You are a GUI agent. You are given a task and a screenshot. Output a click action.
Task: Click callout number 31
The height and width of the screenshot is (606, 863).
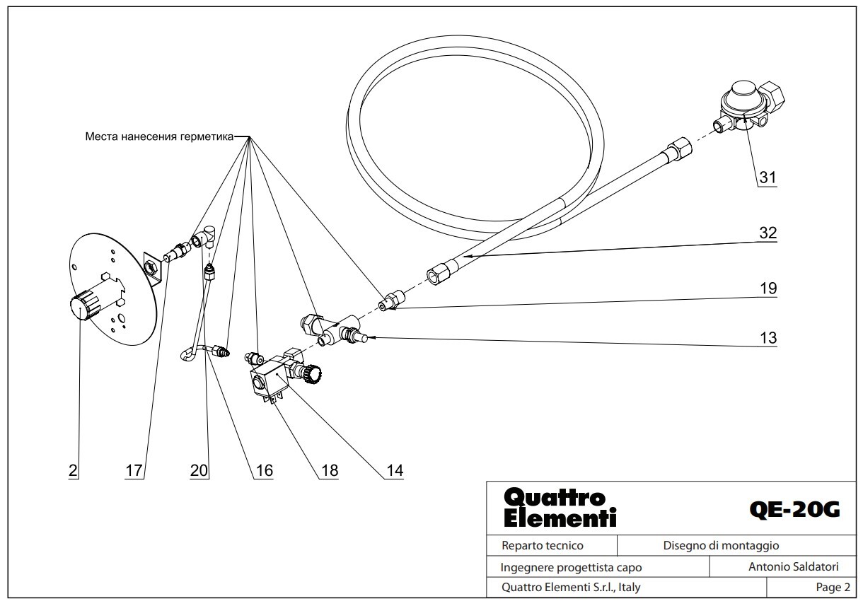pyautogui.click(x=768, y=177)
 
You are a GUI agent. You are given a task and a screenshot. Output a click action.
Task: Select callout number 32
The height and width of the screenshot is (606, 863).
pyautogui.click(x=768, y=233)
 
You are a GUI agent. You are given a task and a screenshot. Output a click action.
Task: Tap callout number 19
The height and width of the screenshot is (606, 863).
pyautogui.click(x=768, y=289)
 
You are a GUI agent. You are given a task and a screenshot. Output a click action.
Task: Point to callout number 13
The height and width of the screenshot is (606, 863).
pyautogui.click(x=768, y=338)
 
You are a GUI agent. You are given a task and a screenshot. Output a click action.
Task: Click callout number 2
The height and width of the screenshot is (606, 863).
pyautogui.click(x=73, y=470)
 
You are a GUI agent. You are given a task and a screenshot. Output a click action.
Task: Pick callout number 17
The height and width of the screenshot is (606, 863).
pyautogui.click(x=134, y=470)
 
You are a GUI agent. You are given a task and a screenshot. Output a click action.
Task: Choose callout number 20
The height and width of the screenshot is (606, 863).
pyautogui.click(x=199, y=470)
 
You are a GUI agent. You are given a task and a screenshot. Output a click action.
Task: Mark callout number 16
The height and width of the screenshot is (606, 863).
pyautogui.click(x=265, y=470)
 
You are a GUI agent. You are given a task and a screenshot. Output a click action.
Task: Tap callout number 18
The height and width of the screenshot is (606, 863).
pyautogui.click(x=330, y=470)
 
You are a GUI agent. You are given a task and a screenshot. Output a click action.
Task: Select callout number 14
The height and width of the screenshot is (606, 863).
pyautogui.click(x=395, y=470)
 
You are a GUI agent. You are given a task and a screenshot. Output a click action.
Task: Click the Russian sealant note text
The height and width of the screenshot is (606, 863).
pyautogui.click(x=159, y=136)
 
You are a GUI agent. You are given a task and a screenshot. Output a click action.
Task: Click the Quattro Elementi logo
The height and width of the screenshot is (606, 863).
pyautogui.click(x=560, y=508)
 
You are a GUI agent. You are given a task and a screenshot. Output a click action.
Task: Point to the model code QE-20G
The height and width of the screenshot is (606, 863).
pyautogui.click(x=794, y=510)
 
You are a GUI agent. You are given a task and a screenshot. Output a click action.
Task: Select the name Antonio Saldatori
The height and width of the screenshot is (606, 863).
pyautogui.click(x=794, y=566)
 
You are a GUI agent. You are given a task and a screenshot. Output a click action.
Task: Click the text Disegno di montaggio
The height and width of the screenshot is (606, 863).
pyautogui.click(x=722, y=546)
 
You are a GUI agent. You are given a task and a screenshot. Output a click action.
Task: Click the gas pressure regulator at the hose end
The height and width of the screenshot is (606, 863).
pyautogui.click(x=748, y=108)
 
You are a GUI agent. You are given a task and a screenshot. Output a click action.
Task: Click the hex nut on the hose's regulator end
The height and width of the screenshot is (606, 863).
pyautogui.click(x=680, y=148)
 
